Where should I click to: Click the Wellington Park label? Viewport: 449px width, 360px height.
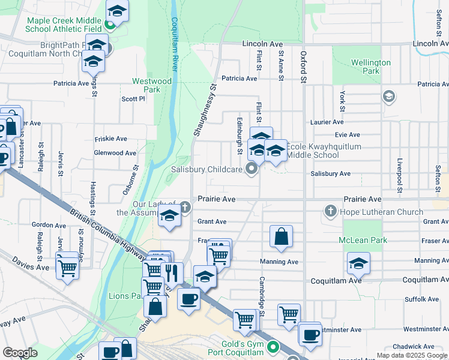(x=370, y=67)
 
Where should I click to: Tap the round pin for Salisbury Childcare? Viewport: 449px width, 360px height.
(x=252, y=170)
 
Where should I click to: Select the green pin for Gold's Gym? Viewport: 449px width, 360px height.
(x=274, y=347)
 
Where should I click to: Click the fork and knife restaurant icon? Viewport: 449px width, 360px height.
(x=172, y=273)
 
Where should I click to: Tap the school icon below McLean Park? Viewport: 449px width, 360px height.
(x=358, y=263)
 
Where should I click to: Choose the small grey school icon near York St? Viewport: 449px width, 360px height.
(x=388, y=96)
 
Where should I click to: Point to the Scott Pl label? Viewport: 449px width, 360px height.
(x=133, y=99)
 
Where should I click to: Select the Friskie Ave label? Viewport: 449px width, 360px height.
(x=111, y=139)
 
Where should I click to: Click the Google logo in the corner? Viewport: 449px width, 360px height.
(x=20, y=353)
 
